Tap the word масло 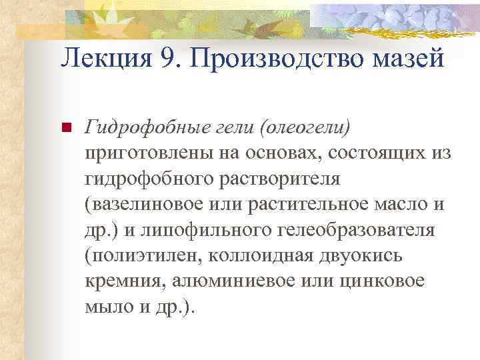tap(403, 204)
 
